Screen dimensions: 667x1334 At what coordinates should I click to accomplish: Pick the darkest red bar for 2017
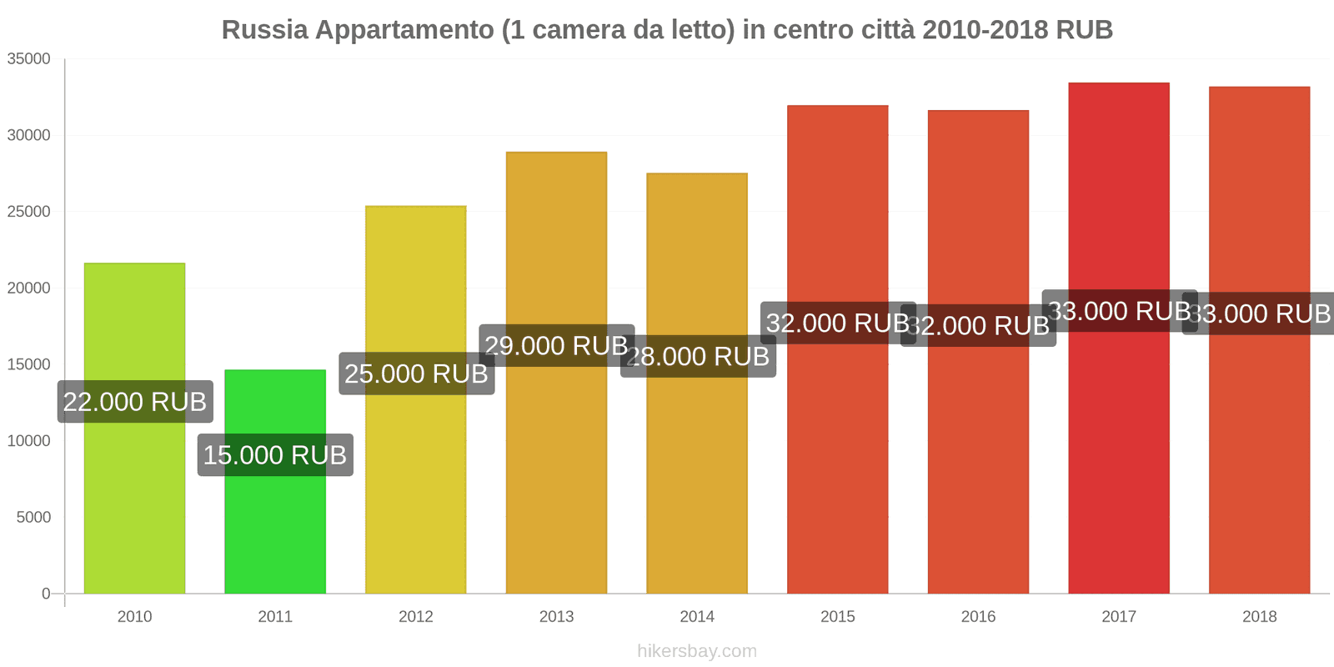click(x=1118, y=459)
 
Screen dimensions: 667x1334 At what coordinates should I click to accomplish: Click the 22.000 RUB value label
click(x=135, y=402)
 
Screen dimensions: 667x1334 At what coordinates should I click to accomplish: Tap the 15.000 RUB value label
click(x=275, y=455)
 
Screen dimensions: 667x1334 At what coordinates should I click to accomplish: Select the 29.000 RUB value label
click(x=556, y=345)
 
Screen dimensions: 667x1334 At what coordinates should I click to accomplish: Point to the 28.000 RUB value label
click(x=698, y=356)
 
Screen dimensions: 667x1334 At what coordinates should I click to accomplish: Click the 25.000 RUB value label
click(x=416, y=374)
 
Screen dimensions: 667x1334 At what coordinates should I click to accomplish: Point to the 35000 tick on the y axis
click(x=29, y=59)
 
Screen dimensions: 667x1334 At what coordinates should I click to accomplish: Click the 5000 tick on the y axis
click(x=33, y=518)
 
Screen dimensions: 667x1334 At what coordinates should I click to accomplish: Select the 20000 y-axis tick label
click(x=29, y=288)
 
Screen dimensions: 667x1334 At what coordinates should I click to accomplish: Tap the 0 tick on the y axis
click(x=46, y=594)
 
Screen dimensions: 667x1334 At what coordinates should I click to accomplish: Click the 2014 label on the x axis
click(x=697, y=617)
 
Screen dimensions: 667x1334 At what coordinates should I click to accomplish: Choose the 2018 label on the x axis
click(x=1259, y=617)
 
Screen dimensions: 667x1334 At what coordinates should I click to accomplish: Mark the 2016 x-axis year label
click(x=978, y=617)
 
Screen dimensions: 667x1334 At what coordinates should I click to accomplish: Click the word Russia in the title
click(x=264, y=30)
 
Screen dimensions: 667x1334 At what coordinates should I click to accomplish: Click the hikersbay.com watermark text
click(x=697, y=651)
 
